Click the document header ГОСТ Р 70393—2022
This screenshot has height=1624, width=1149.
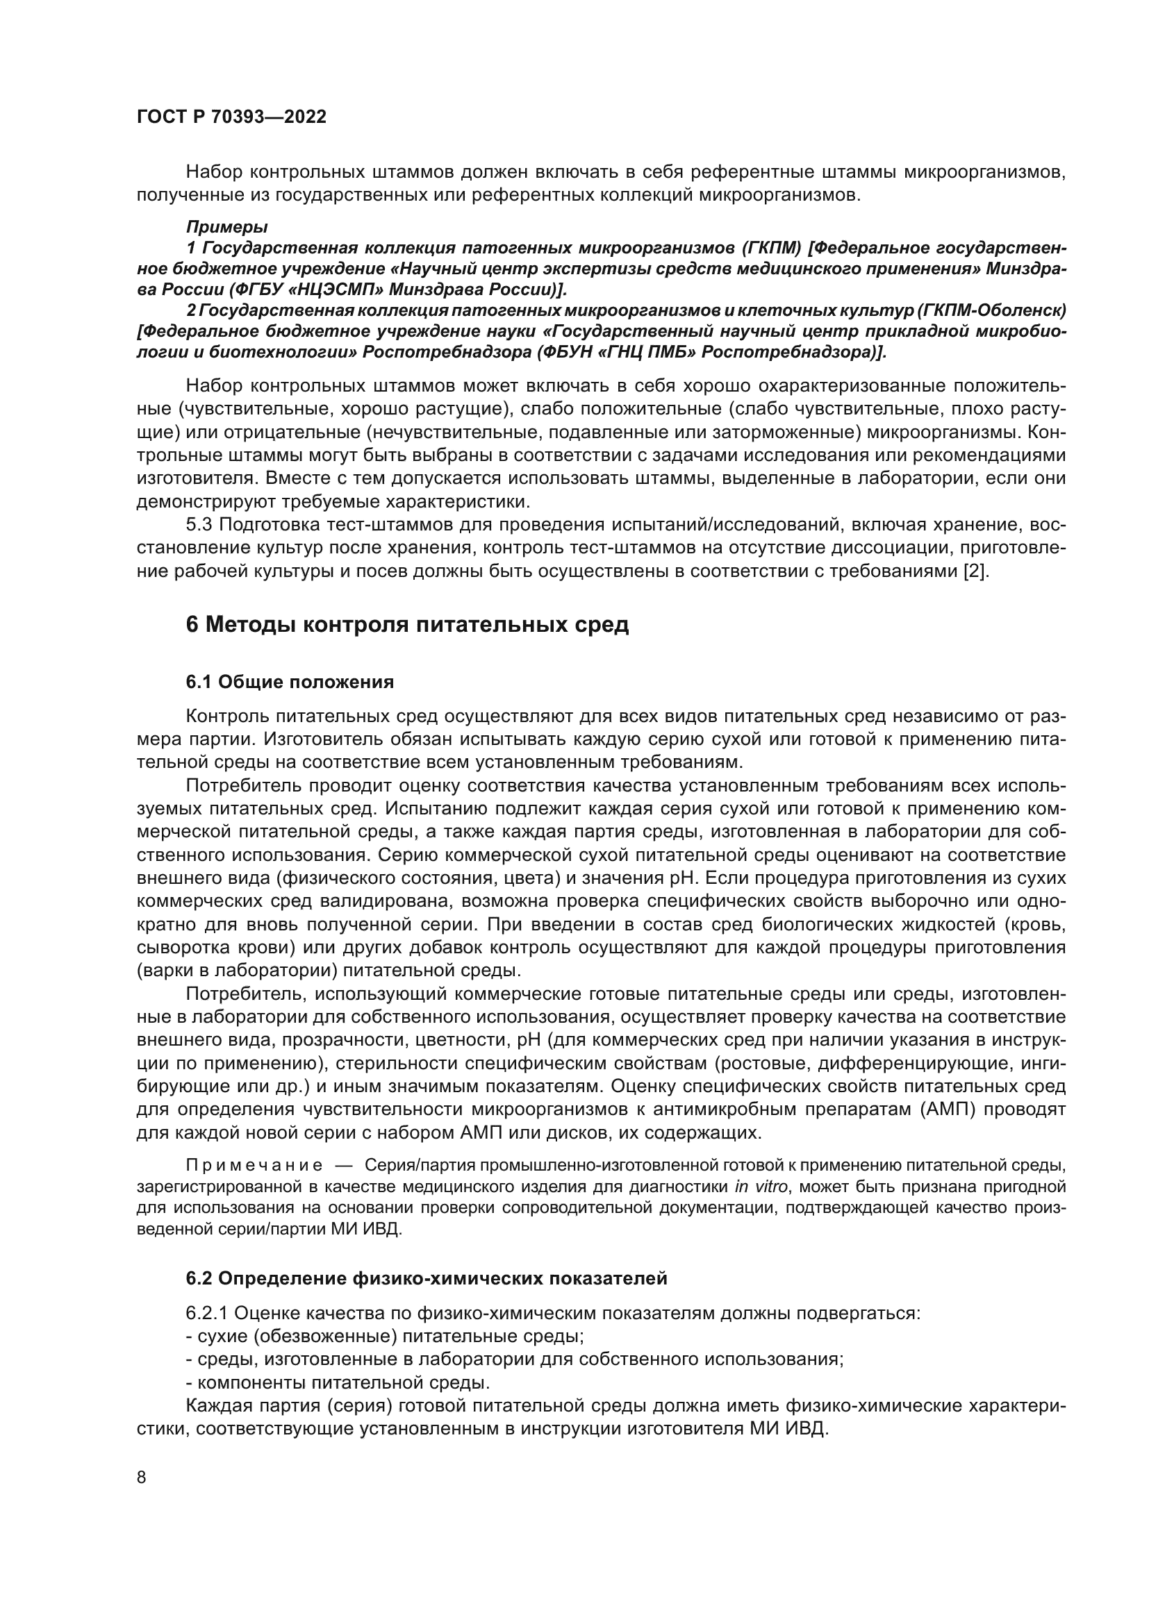point(231,117)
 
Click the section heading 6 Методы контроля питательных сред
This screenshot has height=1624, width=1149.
point(408,626)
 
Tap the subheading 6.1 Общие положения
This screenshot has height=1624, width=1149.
point(290,682)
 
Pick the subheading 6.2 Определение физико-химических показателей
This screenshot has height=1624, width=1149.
point(427,1278)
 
